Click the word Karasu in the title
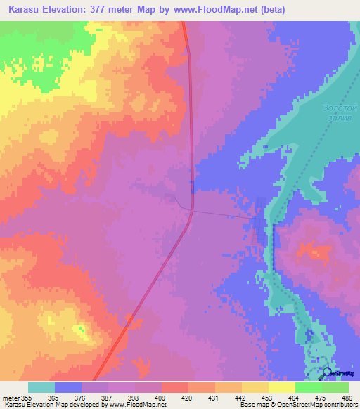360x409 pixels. click(27, 10)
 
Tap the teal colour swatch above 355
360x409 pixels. click(41, 387)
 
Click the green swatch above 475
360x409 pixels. click(309, 387)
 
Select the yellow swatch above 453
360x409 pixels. click(255, 387)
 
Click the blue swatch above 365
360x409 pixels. click(67, 387)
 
